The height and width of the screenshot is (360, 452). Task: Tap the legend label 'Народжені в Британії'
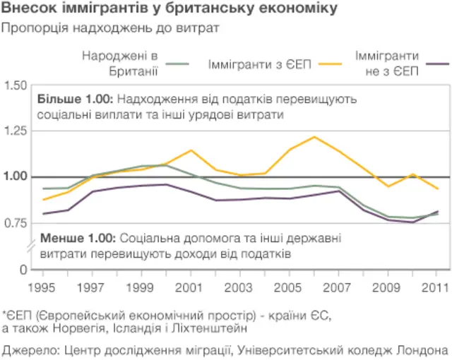coord(119,62)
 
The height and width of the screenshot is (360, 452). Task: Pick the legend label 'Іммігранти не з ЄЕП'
coord(386,62)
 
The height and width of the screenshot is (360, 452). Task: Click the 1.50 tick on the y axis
coord(16,86)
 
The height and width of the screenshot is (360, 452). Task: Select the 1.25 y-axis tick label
coord(16,131)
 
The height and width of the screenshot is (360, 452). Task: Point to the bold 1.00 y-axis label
coord(16,177)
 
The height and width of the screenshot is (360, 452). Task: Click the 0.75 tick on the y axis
coord(16,223)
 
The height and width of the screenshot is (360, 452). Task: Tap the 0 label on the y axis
coord(24,270)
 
